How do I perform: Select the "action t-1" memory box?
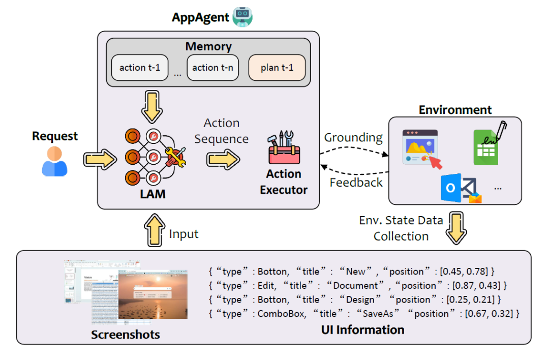tap(140, 68)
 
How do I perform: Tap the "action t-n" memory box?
tap(213, 68)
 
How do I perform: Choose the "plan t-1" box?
tap(277, 68)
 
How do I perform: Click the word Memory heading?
tap(208, 47)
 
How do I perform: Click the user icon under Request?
tap(54, 162)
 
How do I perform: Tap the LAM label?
tap(153, 194)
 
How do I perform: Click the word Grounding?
tap(353, 137)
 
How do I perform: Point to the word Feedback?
tap(356, 182)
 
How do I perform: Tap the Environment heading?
tap(455, 110)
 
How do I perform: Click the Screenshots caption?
tap(126, 335)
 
